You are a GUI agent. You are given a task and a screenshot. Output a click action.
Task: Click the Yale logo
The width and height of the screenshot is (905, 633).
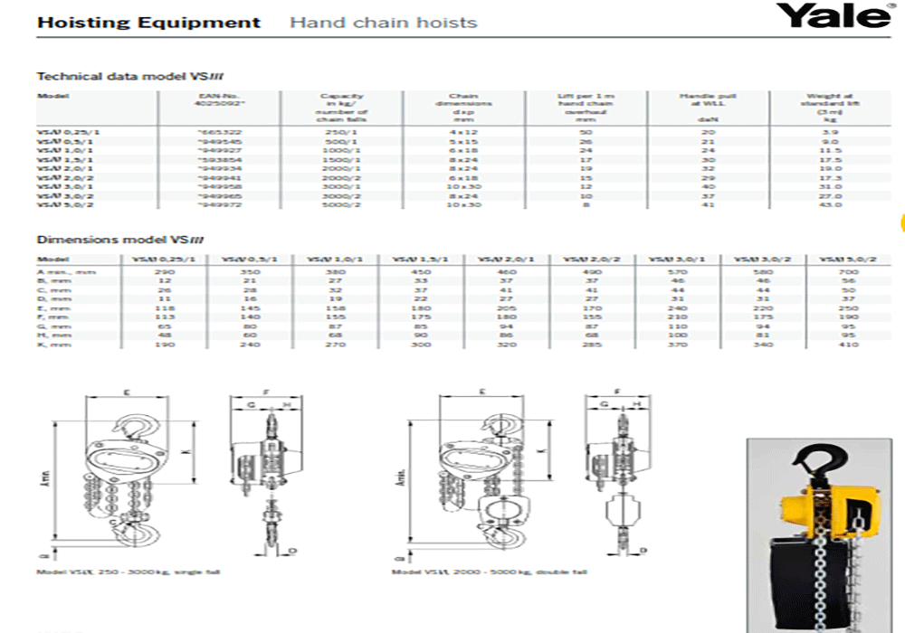tap(833, 16)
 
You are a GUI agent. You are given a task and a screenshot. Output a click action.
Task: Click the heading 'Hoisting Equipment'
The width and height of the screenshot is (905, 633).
tap(148, 23)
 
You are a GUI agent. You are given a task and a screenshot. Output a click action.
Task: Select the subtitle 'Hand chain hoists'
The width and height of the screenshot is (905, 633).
tap(383, 23)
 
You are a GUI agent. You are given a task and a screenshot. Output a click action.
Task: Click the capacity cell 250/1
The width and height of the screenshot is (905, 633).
tap(341, 132)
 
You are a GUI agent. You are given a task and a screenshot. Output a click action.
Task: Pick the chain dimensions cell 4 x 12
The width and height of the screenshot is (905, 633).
tap(462, 132)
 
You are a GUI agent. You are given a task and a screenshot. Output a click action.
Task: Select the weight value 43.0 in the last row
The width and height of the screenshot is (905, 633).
tap(830, 204)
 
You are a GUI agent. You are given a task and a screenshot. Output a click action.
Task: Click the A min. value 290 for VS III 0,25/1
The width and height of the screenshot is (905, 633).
tap(165, 271)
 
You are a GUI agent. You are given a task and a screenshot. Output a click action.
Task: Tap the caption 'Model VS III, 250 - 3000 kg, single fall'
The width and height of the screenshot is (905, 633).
tap(128, 572)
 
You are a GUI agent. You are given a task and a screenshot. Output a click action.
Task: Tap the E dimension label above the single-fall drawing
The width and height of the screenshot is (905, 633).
tap(127, 392)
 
